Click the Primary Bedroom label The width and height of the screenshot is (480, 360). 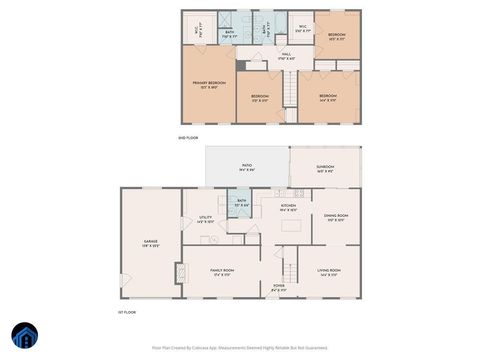coord(209,85)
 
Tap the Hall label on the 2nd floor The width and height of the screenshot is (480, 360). coord(285,55)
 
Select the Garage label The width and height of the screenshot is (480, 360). coord(150,244)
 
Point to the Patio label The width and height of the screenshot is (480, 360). coord(246,168)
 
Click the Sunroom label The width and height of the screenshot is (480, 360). coord(326,169)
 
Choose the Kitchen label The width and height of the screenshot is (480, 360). coord(288,207)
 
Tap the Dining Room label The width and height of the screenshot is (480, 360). coord(335,218)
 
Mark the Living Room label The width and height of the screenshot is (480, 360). coord(330,272)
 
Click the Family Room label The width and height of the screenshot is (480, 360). coord(221,273)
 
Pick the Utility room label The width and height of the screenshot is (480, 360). coord(204,219)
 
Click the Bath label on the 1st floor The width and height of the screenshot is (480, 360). coord(241,204)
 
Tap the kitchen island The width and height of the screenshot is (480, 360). coord(293,227)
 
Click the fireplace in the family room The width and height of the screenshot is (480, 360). coord(180,274)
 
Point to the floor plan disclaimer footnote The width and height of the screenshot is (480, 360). coord(239,348)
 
